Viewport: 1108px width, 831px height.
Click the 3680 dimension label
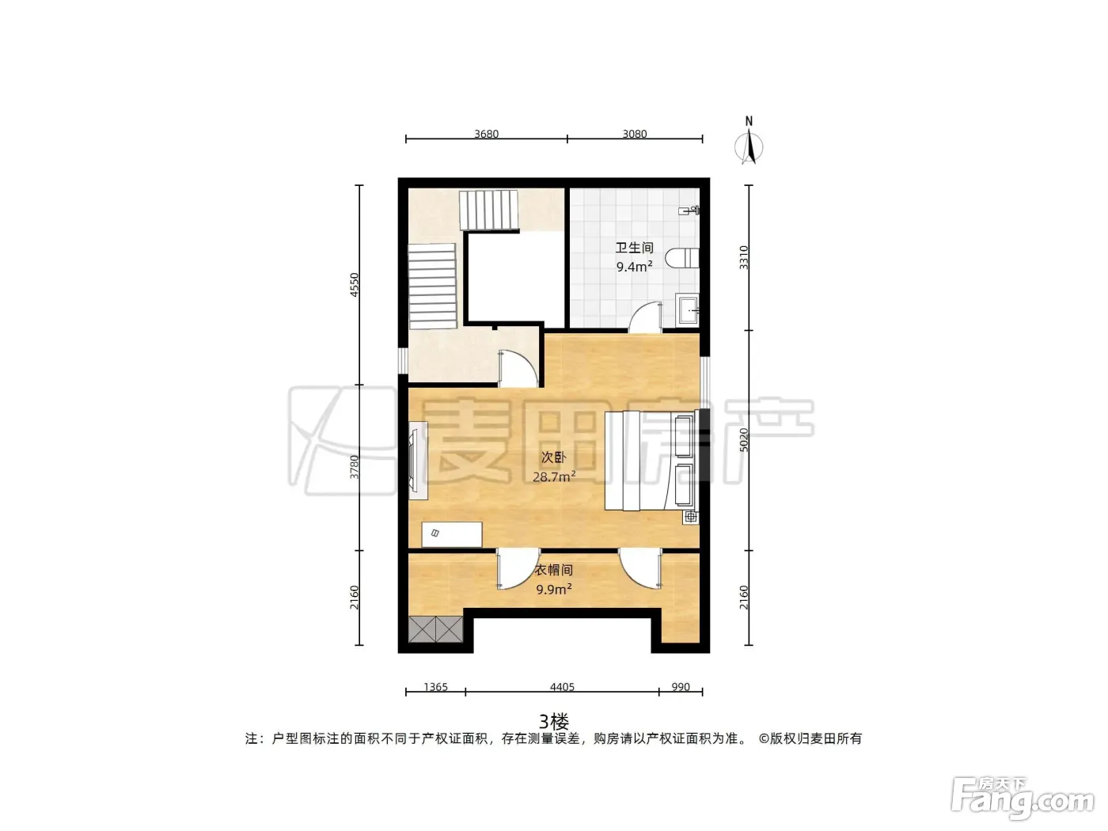click(x=486, y=134)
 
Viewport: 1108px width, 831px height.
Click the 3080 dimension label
click(x=635, y=134)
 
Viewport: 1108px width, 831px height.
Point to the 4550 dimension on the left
click(x=355, y=285)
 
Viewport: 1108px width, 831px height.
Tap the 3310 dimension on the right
click(x=743, y=257)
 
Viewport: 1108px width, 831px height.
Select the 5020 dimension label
click(x=743, y=439)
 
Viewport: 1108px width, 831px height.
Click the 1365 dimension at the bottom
click(x=435, y=687)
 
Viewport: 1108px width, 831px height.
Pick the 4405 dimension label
click(x=563, y=687)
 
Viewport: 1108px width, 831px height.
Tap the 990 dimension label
click(x=681, y=687)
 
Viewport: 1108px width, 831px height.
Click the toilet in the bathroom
click(x=682, y=258)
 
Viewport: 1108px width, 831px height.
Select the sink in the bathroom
click(x=688, y=309)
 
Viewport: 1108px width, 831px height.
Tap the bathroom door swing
click(x=645, y=317)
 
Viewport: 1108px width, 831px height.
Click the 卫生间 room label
click(x=635, y=248)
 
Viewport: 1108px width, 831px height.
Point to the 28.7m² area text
click(x=554, y=476)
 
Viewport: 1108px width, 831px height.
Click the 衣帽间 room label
click(x=554, y=570)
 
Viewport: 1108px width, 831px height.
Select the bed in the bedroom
click(x=651, y=460)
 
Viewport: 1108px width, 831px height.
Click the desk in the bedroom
click(x=452, y=534)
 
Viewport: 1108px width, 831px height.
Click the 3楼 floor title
click(x=554, y=722)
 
